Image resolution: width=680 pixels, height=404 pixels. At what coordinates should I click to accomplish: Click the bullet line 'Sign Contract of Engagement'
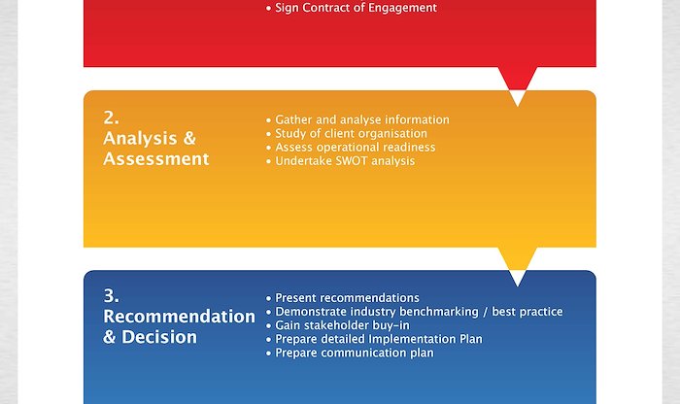(x=352, y=8)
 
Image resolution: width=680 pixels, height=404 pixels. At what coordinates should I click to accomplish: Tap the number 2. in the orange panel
(x=112, y=118)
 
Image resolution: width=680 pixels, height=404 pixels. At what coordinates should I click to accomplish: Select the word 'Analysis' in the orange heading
(x=141, y=139)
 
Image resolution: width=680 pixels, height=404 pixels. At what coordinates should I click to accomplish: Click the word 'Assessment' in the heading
(x=156, y=158)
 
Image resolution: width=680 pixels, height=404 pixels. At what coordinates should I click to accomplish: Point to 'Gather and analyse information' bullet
(x=357, y=119)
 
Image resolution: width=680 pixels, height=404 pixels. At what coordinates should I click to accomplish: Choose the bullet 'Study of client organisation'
(x=347, y=133)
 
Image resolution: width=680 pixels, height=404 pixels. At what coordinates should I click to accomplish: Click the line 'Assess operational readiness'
(x=351, y=148)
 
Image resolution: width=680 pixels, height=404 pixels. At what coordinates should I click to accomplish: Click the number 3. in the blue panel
(x=112, y=296)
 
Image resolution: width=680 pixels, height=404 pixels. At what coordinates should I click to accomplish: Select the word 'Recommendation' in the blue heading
(x=179, y=317)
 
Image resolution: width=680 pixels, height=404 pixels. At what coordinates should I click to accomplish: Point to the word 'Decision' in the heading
(x=159, y=337)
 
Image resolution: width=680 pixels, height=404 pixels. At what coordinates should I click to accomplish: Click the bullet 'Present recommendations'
(x=343, y=298)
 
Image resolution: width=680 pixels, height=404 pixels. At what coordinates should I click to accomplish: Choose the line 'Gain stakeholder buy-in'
(x=338, y=325)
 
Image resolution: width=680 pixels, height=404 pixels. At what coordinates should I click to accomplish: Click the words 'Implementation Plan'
(x=425, y=339)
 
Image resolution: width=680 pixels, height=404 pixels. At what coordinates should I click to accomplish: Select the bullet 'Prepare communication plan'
(x=350, y=353)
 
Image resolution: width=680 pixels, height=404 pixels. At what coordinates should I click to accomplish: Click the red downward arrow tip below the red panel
(x=518, y=89)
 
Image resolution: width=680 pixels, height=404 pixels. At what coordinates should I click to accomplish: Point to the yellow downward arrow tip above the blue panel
(x=518, y=269)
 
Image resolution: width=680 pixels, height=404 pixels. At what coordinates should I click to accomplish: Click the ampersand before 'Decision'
(x=109, y=337)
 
